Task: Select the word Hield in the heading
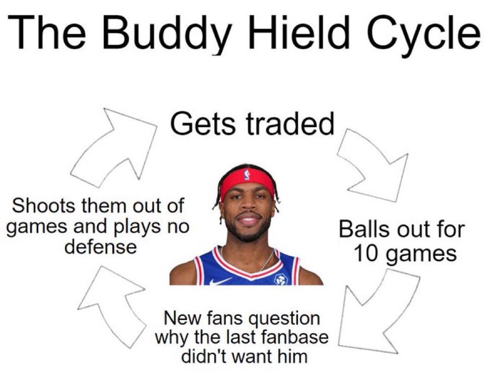pos(295,32)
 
